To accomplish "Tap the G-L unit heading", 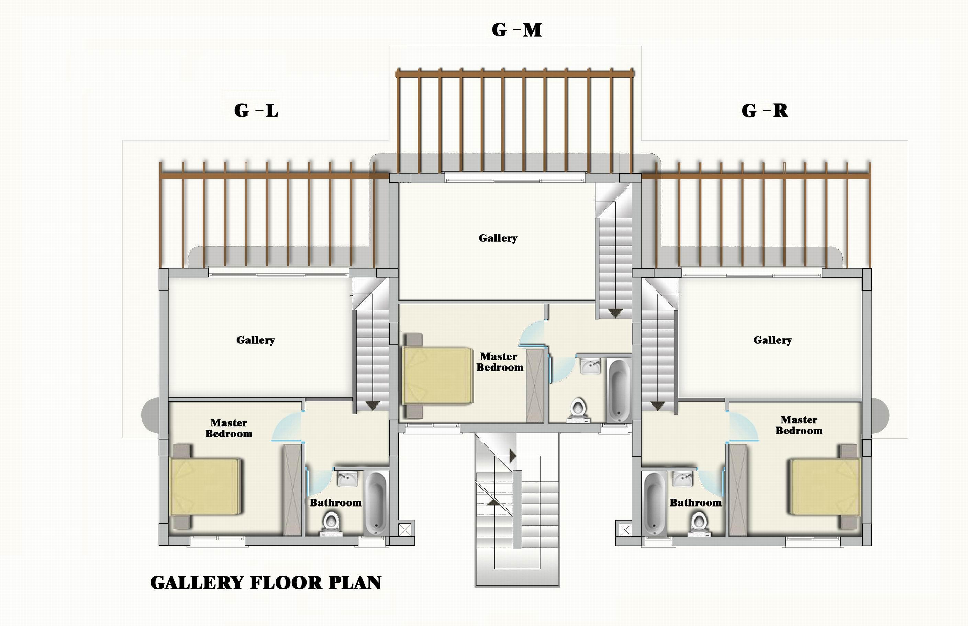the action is (x=256, y=111).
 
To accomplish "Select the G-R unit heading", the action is (x=765, y=111).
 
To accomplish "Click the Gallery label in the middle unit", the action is (x=498, y=238).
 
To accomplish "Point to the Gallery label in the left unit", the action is (x=255, y=340).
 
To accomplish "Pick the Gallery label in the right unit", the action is (x=772, y=340).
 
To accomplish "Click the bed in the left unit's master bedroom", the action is (x=205, y=487).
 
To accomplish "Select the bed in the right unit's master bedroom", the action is (x=825, y=487).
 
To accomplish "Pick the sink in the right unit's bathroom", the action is (x=683, y=479).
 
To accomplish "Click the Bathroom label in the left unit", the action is (x=335, y=503).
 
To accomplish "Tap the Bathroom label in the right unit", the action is (x=696, y=503).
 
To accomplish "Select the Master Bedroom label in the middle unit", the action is (x=499, y=362).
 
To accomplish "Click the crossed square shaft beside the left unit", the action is (x=405, y=530).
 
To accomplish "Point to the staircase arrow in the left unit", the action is (x=372, y=405).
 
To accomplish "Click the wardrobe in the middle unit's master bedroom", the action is (x=535, y=385).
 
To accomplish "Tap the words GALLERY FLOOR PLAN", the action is (x=266, y=582).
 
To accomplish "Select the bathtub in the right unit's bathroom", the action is (x=654, y=504).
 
